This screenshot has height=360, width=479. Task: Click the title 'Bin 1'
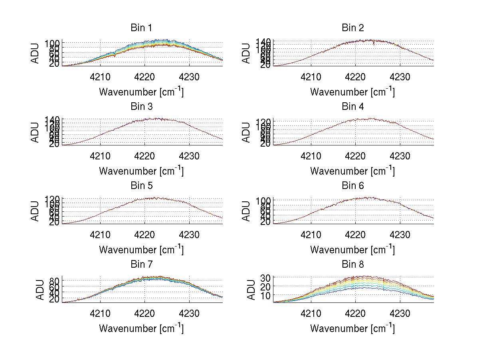point(141,28)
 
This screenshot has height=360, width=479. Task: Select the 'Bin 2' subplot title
point(352,28)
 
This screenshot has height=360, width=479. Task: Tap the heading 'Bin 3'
point(141,107)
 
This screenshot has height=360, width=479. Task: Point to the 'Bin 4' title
point(352,107)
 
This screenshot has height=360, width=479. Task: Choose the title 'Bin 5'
point(141,186)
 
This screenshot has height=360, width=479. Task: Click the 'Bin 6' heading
point(352,186)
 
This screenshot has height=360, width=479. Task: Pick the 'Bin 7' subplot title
point(141,265)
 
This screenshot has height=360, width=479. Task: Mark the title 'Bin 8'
point(352,265)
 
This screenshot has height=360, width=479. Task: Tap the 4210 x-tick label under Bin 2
point(311,77)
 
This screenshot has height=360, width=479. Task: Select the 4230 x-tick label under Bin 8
point(400,313)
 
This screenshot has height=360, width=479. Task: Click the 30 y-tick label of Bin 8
point(266,278)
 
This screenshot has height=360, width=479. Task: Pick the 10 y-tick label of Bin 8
point(266,295)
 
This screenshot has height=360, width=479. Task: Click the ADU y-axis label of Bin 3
point(35,132)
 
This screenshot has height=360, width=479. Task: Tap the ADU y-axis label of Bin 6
point(246,211)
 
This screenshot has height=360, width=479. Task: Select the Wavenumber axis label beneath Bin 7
point(141,328)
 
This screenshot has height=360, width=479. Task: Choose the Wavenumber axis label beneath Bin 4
point(352,171)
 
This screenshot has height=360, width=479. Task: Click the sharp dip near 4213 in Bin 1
point(115,56)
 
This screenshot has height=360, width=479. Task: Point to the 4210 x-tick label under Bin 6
point(311,235)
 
